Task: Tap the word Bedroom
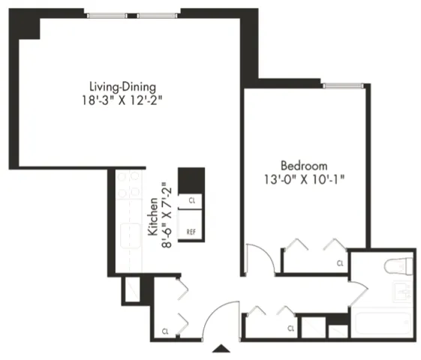click(304, 165)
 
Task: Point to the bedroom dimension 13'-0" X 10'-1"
click(304, 180)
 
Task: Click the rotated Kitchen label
click(152, 218)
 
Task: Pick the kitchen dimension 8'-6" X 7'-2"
click(166, 218)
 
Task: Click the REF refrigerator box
click(191, 232)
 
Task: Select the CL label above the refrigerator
click(191, 201)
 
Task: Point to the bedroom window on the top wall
click(344, 85)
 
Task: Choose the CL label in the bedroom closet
click(339, 263)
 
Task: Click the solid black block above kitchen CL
click(191, 180)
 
